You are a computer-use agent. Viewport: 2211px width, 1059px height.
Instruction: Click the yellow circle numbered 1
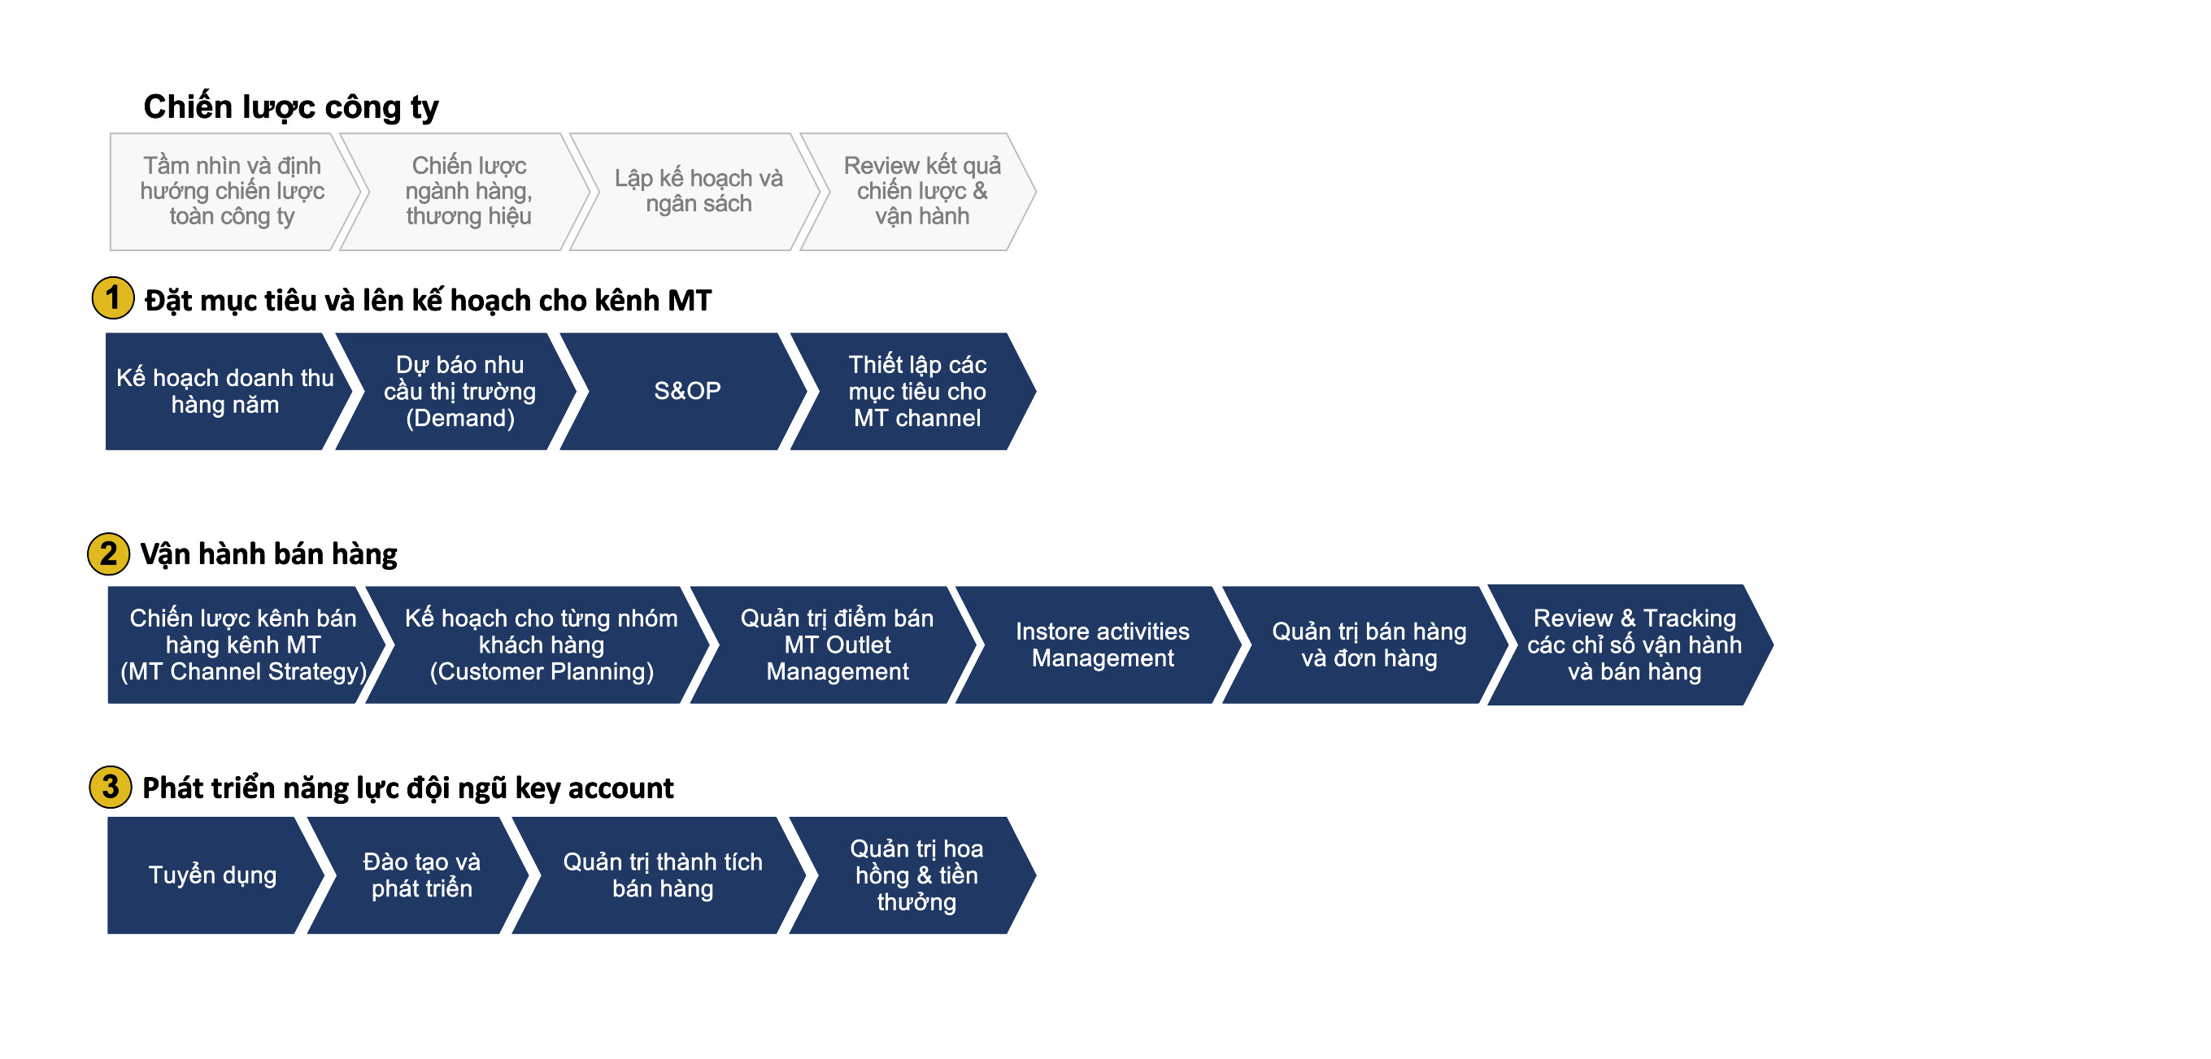pos(112,297)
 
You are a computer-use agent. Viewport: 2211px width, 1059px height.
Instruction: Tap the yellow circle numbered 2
pos(108,553)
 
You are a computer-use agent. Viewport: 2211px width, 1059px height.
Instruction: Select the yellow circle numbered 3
pos(111,787)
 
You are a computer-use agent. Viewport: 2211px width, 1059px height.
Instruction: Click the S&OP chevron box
pos(684,391)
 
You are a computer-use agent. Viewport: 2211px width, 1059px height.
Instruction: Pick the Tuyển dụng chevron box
pos(215,875)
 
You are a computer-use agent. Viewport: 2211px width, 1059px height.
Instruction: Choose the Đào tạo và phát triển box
pos(418,875)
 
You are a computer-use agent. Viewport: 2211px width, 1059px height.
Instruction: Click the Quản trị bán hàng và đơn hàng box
pos(1364,645)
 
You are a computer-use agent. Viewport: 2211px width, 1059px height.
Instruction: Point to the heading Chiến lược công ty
pos(291,107)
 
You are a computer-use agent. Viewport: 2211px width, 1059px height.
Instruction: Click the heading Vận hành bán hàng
pos(268,554)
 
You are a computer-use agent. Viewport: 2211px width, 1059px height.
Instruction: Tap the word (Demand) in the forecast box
pos(460,418)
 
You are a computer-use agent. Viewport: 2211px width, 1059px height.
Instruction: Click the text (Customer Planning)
pos(542,671)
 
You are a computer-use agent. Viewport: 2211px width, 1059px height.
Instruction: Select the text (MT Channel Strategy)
pos(244,671)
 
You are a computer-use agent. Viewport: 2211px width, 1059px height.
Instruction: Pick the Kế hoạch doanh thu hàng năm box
pos(228,391)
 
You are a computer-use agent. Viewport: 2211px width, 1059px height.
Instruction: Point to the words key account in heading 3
pos(594,788)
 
